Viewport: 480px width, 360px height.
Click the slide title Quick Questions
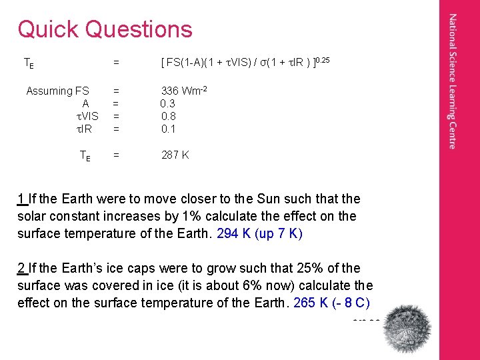(105, 29)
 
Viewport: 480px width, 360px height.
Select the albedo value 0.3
(167, 104)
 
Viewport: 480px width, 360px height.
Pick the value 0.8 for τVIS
(167, 117)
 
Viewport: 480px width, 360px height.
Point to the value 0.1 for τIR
(167, 129)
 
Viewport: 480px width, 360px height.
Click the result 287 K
(175, 155)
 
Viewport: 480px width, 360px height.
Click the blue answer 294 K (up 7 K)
(260, 234)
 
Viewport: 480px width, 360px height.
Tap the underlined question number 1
(21, 199)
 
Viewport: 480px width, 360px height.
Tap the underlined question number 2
(21, 269)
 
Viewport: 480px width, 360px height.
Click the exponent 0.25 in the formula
(323, 61)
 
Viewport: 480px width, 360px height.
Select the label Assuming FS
(57, 91)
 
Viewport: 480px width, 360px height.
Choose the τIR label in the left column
(84, 129)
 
